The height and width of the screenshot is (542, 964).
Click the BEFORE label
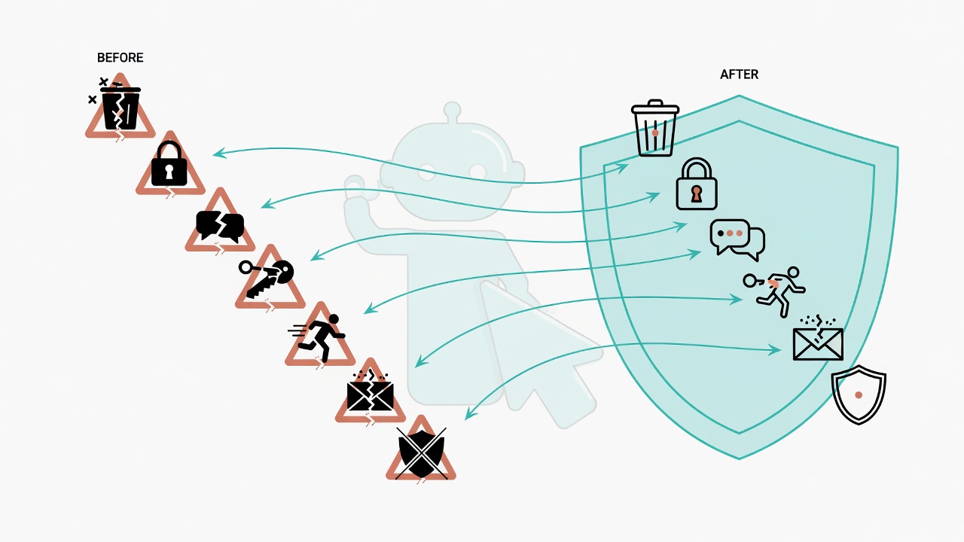pos(120,58)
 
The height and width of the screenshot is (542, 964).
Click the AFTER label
pos(739,75)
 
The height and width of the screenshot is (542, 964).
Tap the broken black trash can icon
pos(120,108)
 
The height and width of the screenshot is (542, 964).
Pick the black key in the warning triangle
pos(267,278)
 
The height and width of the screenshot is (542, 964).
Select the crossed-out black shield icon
pos(421,453)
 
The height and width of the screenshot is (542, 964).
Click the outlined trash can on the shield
pos(655,128)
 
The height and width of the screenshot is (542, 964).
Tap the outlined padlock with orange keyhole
pos(697,184)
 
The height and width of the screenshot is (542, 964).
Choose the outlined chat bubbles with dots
pos(737,239)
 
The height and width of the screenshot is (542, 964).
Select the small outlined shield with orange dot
pos(859,395)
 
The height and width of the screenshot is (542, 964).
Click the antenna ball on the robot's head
pos(453,110)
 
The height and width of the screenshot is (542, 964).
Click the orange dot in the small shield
pos(859,395)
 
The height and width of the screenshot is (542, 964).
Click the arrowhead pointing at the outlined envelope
pos(776,350)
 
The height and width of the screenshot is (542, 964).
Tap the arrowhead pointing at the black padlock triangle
pos(219,153)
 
